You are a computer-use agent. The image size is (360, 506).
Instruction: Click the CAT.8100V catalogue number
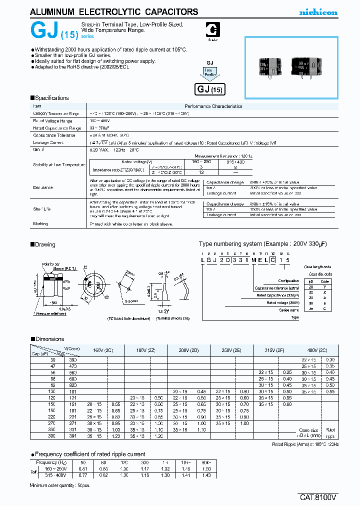[x=319, y=497]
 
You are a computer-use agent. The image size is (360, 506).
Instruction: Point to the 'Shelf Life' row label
[x=42, y=209]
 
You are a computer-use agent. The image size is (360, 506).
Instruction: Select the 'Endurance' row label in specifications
[x=43, y=187]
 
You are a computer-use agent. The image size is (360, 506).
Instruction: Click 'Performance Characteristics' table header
[x=213, y=106]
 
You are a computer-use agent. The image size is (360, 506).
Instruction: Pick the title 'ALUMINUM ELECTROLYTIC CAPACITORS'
[x=107, y=12]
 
